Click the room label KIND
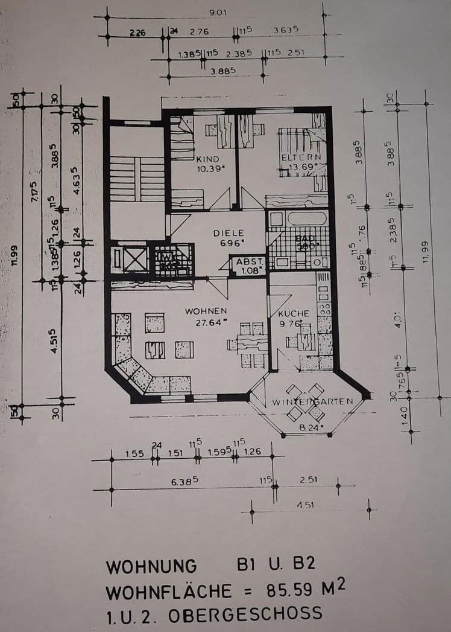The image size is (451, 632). point(207,159)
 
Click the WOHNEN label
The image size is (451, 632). point(206,311)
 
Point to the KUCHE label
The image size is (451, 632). point(294,313)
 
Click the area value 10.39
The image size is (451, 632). point(209,169)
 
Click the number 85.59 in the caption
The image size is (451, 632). point(286,589)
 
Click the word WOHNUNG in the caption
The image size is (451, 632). point(151,567)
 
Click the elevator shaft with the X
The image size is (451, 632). point(129,258)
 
